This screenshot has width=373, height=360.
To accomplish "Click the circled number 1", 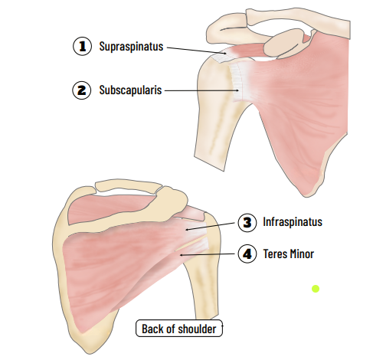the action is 82,46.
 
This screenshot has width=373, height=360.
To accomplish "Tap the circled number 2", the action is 82,90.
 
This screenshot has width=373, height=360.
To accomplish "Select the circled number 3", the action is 247,223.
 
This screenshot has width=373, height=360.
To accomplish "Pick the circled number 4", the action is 247,254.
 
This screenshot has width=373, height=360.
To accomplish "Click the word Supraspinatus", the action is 131,47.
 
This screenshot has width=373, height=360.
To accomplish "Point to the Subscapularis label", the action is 130,90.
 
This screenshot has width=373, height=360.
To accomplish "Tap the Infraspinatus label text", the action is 293,222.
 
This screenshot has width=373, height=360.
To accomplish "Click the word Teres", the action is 275,254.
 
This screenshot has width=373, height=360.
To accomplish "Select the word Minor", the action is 302,254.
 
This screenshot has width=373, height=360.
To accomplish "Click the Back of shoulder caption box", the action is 179,328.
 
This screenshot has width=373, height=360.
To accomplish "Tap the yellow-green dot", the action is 316,289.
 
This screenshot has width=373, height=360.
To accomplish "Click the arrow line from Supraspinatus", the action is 196,51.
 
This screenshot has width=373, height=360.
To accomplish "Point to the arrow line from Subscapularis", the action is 201,90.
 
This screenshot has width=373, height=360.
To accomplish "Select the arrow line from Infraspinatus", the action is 210,227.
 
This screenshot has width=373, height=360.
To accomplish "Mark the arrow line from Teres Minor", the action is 207,254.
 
